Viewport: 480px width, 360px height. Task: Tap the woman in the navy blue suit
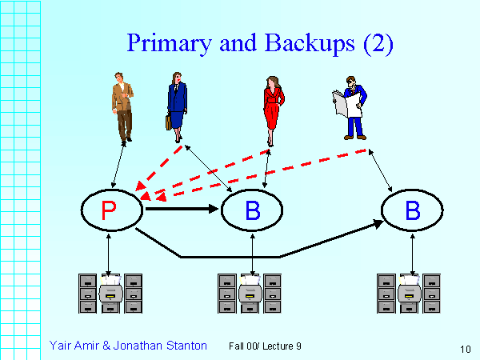176,100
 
